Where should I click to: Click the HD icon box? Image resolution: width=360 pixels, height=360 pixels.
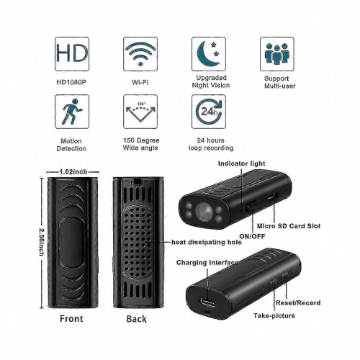[x=72, y=54]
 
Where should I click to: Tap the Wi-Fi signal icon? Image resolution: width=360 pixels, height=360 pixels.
[x=140, y=54]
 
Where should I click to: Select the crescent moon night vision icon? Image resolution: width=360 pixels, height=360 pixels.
[x=209, y=54]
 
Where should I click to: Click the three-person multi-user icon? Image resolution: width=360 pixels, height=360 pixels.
[x=277, y=54]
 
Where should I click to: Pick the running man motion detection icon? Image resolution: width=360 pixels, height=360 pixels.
[x=72, y=112]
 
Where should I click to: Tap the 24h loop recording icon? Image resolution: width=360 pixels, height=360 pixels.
[x=209, y=112]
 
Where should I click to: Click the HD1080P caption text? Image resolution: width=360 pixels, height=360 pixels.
[x=71, y=82]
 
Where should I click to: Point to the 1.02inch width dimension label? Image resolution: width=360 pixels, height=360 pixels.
[x=73, y=172]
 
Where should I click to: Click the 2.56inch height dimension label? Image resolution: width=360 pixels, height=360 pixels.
[x=42, y=242]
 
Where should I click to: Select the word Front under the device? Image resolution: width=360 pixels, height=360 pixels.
[x=71, y=319]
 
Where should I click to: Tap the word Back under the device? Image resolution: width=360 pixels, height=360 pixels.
[x=136, y=319]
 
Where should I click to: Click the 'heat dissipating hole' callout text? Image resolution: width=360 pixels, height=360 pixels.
[x=207, y=242]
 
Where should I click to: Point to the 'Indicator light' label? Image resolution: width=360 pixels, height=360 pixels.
[x=241, y=163]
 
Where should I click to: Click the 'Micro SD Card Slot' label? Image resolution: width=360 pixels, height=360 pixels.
[x=289, y=226]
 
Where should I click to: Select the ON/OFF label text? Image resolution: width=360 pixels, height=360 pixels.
[x=252, y=236]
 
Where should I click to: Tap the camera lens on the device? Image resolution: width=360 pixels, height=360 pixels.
[x=204, y=212]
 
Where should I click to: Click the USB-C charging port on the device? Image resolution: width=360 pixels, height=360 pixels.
[x=207, y=302]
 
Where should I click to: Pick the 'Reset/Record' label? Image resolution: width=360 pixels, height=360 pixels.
[x=298, y=303]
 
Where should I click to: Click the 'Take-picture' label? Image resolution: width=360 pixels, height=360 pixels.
[x=274, y=315]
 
